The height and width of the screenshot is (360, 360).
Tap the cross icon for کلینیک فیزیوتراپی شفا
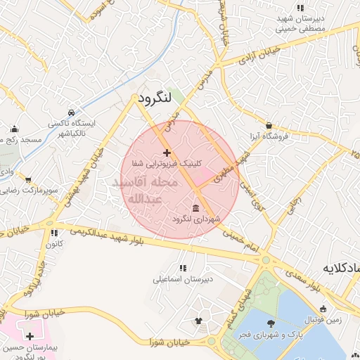167,153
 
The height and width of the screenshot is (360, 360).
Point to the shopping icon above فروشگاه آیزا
269,125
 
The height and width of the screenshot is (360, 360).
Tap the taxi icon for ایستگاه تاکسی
71,112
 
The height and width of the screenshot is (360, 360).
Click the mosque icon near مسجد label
15,129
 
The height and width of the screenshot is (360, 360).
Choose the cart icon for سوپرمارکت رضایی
27,180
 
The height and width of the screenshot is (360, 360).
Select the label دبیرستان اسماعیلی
183,278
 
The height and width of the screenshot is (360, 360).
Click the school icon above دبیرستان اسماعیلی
183,267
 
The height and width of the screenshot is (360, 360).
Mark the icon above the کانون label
52,233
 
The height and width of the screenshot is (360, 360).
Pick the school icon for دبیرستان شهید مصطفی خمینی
301,8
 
